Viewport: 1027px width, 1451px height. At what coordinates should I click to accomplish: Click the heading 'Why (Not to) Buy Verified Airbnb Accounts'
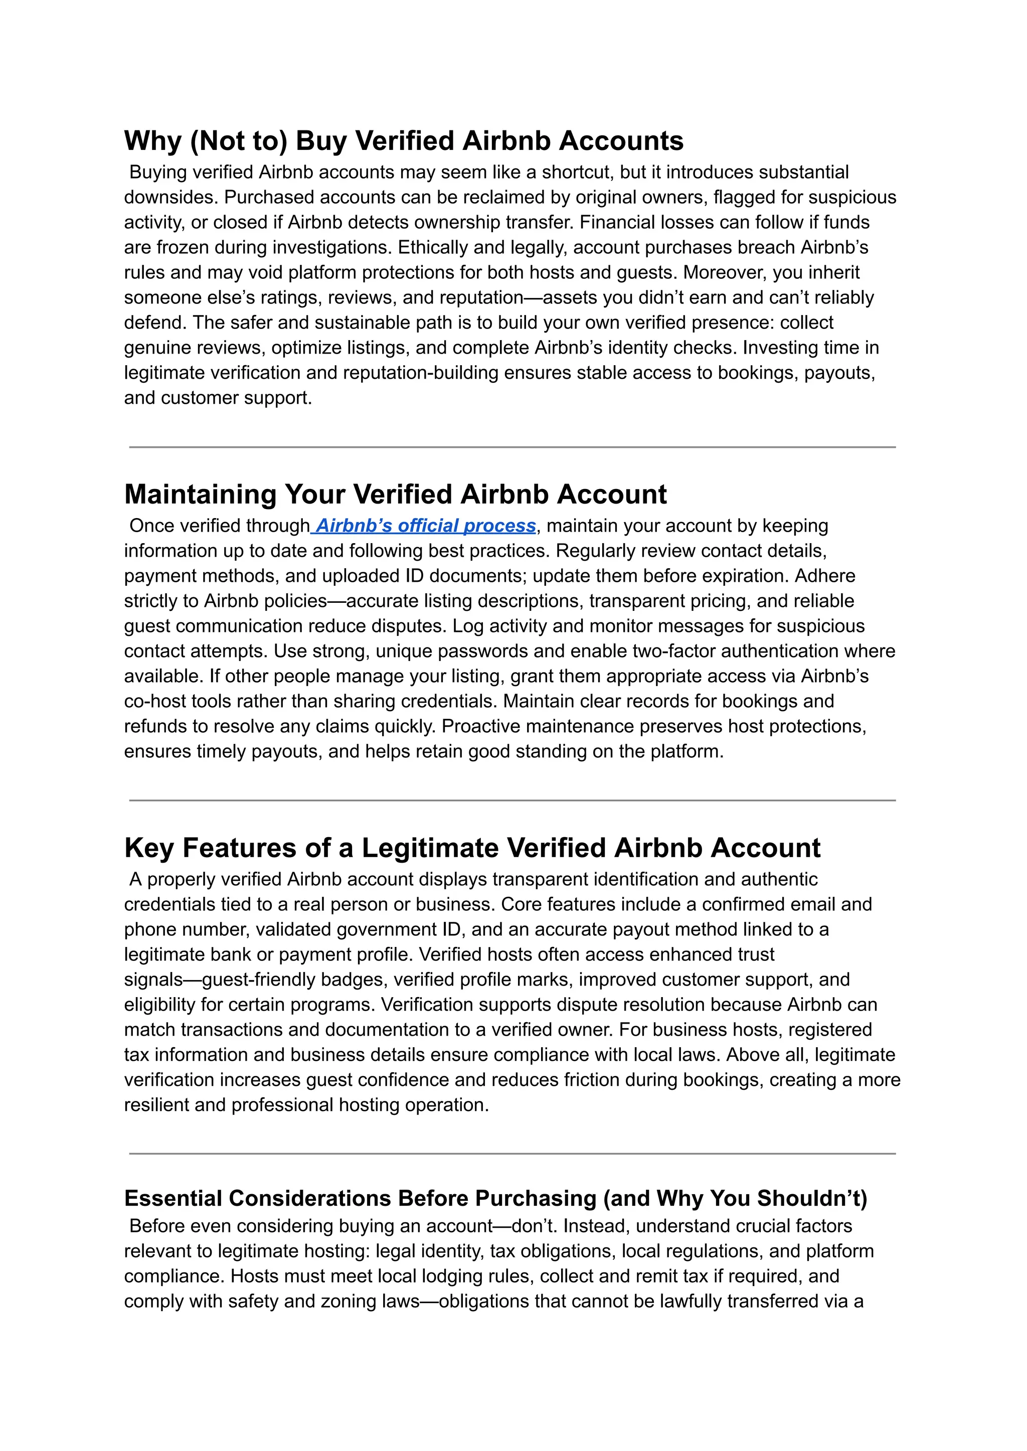(x=404, y=140)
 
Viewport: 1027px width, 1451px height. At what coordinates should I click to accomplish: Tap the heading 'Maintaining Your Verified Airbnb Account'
(x=395, y=494)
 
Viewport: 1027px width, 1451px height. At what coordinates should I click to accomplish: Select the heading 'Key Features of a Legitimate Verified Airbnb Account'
(x=472, y=848)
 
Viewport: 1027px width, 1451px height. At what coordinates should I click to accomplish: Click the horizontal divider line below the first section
(x=512, y=447)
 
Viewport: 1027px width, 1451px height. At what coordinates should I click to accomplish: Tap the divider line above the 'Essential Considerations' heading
(x=512, y=1154)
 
